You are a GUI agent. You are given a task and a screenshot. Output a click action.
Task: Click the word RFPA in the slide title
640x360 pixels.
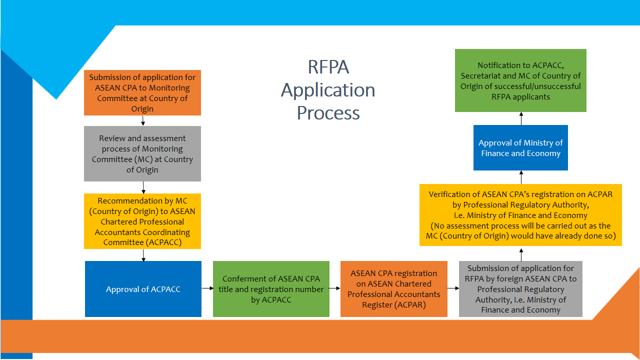point(328,67)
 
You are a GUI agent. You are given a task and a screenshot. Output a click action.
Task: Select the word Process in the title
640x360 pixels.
point(328,113)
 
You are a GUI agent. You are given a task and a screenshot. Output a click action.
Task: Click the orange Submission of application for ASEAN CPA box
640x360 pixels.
point(142,93)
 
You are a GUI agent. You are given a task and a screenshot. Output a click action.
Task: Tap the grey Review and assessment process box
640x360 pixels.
point(142,153)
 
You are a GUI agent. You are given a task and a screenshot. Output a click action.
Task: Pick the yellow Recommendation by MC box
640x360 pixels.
point(142,221)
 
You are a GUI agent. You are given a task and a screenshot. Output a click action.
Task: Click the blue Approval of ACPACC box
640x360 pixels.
point(143,289)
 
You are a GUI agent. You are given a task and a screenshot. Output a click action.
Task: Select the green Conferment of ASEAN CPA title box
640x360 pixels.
point(271,289)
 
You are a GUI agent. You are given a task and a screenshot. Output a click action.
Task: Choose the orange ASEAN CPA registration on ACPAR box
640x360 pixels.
point(394,289)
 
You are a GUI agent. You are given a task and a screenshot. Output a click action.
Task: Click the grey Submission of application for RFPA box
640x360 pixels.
point(520,289)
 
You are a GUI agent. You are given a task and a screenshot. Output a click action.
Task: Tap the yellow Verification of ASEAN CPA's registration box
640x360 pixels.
point(520,215)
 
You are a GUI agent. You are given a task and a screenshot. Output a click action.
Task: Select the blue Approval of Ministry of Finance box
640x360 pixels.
point(520,148)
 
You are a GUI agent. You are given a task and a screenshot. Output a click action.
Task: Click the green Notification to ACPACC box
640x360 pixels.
point(520,80)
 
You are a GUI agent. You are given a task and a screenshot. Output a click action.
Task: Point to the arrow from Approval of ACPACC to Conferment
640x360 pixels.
point(207,288)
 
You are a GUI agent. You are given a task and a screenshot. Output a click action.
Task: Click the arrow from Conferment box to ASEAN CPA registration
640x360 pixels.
point(335,288)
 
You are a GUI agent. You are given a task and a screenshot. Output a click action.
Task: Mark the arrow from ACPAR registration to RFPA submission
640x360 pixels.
point(453,288)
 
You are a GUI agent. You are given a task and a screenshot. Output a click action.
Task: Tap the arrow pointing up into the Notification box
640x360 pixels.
point(521,118)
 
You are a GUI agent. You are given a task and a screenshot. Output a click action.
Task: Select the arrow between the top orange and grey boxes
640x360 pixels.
point(143,120)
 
